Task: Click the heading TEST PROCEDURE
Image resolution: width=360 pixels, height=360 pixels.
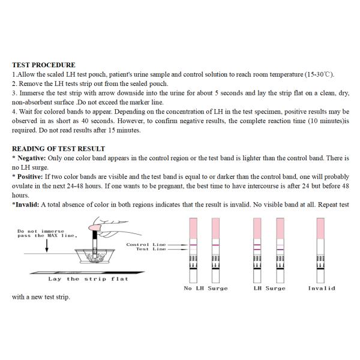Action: [44, 65]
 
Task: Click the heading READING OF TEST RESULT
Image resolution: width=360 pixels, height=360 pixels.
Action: [59, 149]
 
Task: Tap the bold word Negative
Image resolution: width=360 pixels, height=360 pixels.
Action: [31, 158]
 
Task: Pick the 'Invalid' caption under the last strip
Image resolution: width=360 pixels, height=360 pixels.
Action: [322, 289]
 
